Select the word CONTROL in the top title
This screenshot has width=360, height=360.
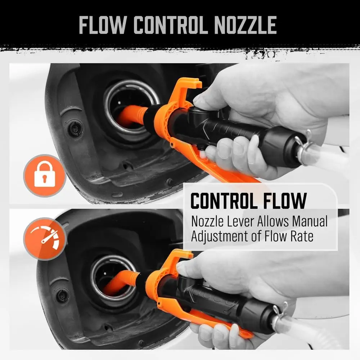(169, 25)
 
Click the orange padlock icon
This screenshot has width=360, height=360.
(45, 176)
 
